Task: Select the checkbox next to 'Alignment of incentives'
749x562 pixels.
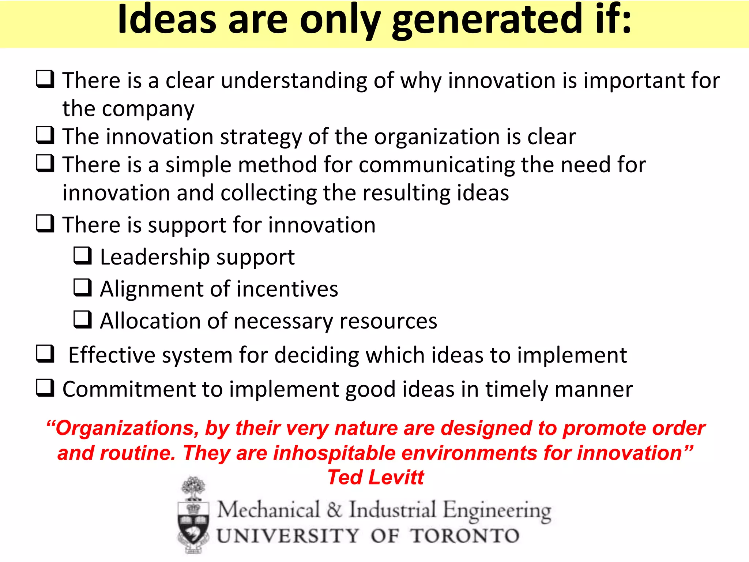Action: [82, 287]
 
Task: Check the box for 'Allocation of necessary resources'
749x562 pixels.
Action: [82, 319]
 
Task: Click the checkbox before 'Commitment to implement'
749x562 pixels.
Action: [45, 387]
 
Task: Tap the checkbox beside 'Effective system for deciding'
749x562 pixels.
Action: [45, 353]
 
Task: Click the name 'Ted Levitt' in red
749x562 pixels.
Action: [376, 477]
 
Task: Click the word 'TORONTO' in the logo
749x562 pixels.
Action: [464, 536]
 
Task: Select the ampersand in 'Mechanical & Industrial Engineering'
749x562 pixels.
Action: [334, 510]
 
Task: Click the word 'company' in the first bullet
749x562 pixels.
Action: [148, 109]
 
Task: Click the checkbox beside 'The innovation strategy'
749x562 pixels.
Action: [45, 135]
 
